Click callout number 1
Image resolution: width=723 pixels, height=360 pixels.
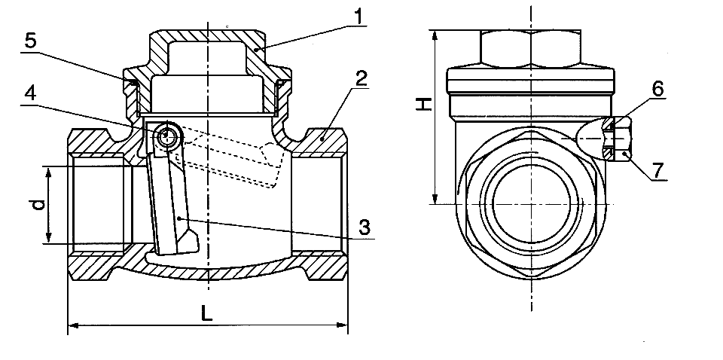[358, 17]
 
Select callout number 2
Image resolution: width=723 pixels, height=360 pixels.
[361, 79]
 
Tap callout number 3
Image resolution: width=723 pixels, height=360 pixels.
[365, 227]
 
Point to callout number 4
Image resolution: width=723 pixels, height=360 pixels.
[29, 93]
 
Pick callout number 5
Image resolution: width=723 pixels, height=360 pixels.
[30, 41]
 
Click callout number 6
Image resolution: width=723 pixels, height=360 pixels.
[657, 89]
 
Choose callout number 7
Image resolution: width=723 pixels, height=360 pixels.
[658, 170]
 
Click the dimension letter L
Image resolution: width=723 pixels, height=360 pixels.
[207, 314]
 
